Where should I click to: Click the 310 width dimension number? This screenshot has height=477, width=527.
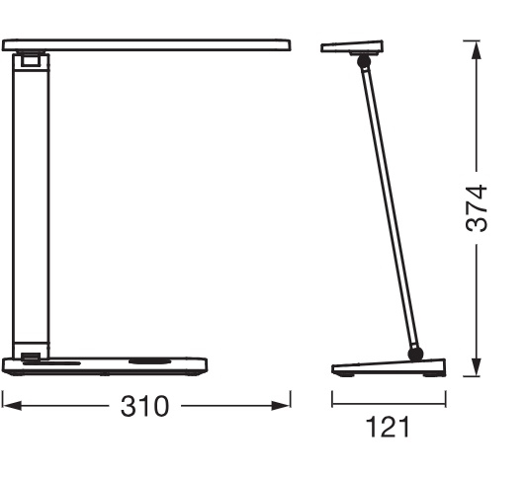click(x=144, y=406)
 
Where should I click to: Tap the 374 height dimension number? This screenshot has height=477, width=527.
click(x=477, y=208)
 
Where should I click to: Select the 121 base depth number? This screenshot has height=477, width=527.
click(x=388, y=427)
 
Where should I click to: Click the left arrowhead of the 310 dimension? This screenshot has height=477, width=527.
click(x=12, y=406)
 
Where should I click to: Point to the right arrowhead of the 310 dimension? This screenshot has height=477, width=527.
click(x=281, y=406)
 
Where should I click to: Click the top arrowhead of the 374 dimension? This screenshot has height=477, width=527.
click(x=476, y=50)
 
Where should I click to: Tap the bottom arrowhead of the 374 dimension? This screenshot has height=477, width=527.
click(x=476, y=366)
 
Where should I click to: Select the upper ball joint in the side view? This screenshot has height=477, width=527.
click(x=364, y=62)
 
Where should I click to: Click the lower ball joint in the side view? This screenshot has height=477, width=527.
click(x=415, y=355)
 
